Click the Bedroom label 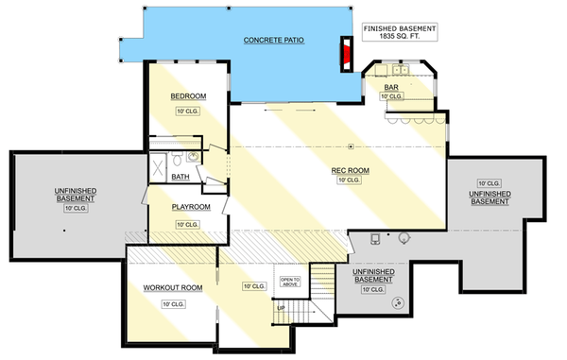(x=188, y=96)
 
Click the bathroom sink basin (x=196, y=158)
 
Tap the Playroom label (x=189, y=207)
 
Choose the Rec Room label (x=349, y=171)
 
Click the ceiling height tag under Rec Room (x=349, y=180)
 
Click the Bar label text (x=390, y=88)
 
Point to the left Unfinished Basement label (x=66, y=195)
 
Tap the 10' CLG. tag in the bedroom (x=188, y=111)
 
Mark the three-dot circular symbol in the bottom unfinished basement (x=398, y=304)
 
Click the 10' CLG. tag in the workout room (x=172, y=303)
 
